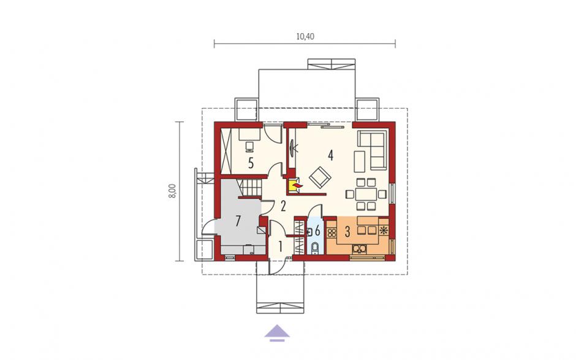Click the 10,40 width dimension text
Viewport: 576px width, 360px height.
coord(305,36)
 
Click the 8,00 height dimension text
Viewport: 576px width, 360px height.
coord(172,191)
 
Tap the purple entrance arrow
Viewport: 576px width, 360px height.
coord(277,333)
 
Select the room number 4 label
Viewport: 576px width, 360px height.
coord(331,155)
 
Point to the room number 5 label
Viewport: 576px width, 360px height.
coord(251,163)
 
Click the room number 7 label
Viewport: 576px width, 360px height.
coord(238,221)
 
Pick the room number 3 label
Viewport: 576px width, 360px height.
coord(347,232)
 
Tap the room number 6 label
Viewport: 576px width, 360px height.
coord(318,232)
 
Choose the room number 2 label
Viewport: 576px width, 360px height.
coord(283,206)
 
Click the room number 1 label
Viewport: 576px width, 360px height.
coord(280,247)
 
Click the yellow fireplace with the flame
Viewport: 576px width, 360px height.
coord(294,185)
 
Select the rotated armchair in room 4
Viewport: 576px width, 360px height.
coord(320,177)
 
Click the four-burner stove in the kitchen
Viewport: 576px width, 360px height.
coord(333,232)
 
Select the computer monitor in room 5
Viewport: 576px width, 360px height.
coord(250,147)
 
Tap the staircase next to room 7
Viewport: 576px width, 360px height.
coord(251,188)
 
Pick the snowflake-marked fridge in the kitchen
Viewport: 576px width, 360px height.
coord(384,231)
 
